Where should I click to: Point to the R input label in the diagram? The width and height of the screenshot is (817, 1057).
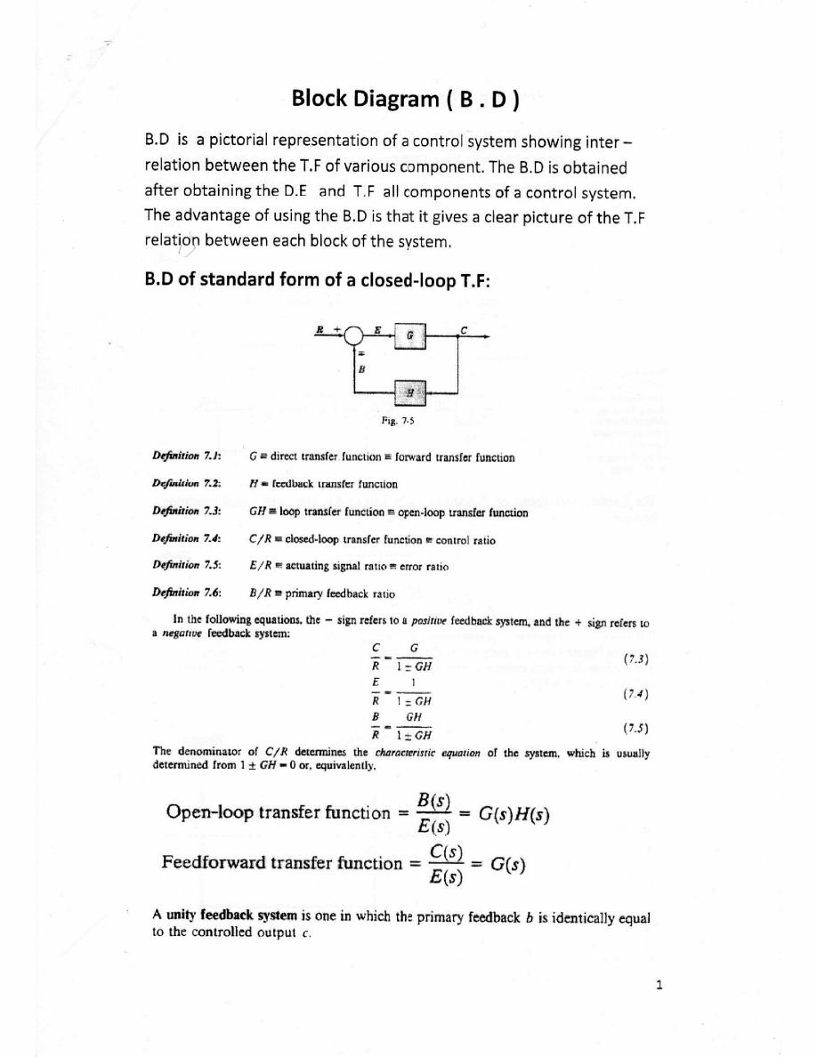tap(319, 329)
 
